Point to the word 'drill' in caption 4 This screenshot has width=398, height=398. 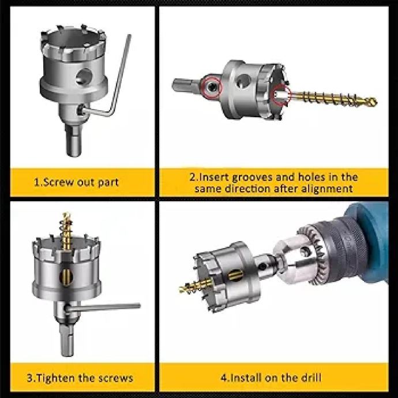[x=311, y=377]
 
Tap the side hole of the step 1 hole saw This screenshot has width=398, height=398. [x=84, y=77]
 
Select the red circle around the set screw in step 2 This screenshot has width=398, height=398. [x=212, y=87]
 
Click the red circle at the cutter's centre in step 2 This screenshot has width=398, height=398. [x=281, y=95]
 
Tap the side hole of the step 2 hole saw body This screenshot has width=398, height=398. [x=243, y=81]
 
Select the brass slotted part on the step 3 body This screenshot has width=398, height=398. [x=66, y=277]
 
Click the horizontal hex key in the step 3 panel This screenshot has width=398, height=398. [x=103, y=307]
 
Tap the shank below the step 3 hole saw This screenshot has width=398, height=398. [x=67, y=340]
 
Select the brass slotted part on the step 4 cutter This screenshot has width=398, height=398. [x=235, y=275]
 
